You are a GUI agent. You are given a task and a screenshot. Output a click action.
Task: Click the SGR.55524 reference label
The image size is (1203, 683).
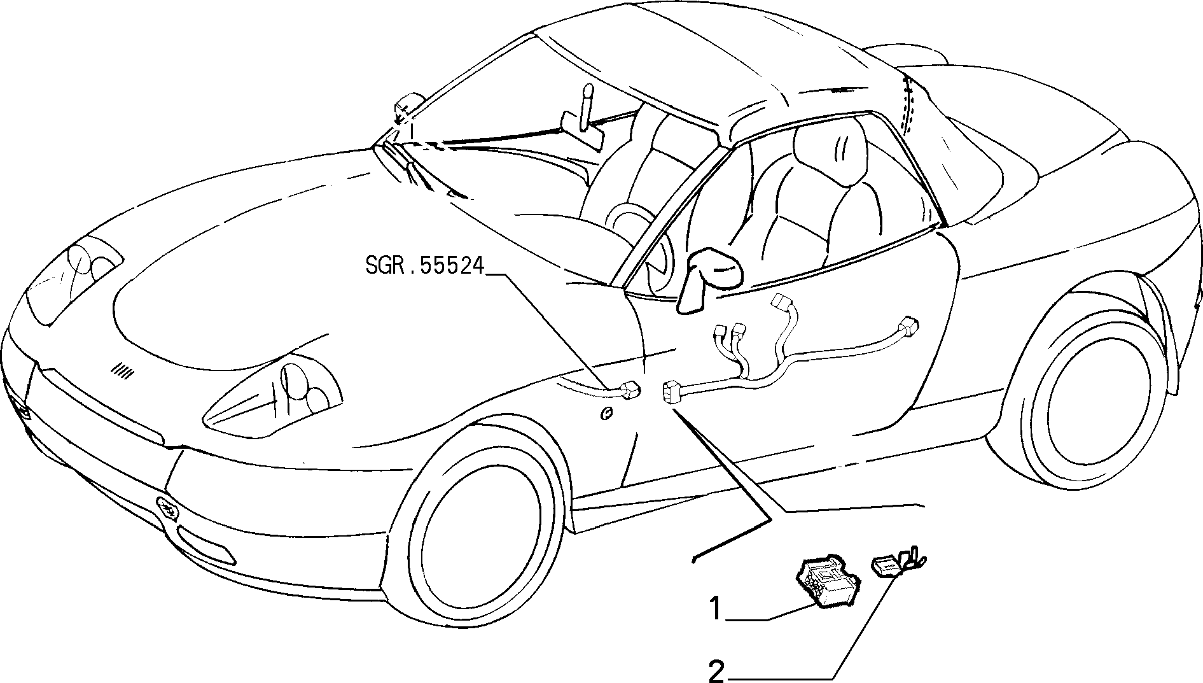click(x=425, y=265)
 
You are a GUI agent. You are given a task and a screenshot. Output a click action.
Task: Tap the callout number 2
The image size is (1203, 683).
click(x=717, y=672)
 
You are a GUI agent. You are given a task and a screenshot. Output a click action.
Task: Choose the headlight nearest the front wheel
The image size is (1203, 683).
click(x=274, y=395)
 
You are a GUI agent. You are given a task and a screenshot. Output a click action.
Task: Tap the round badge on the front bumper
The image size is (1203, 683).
click(x=167, y=508)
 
